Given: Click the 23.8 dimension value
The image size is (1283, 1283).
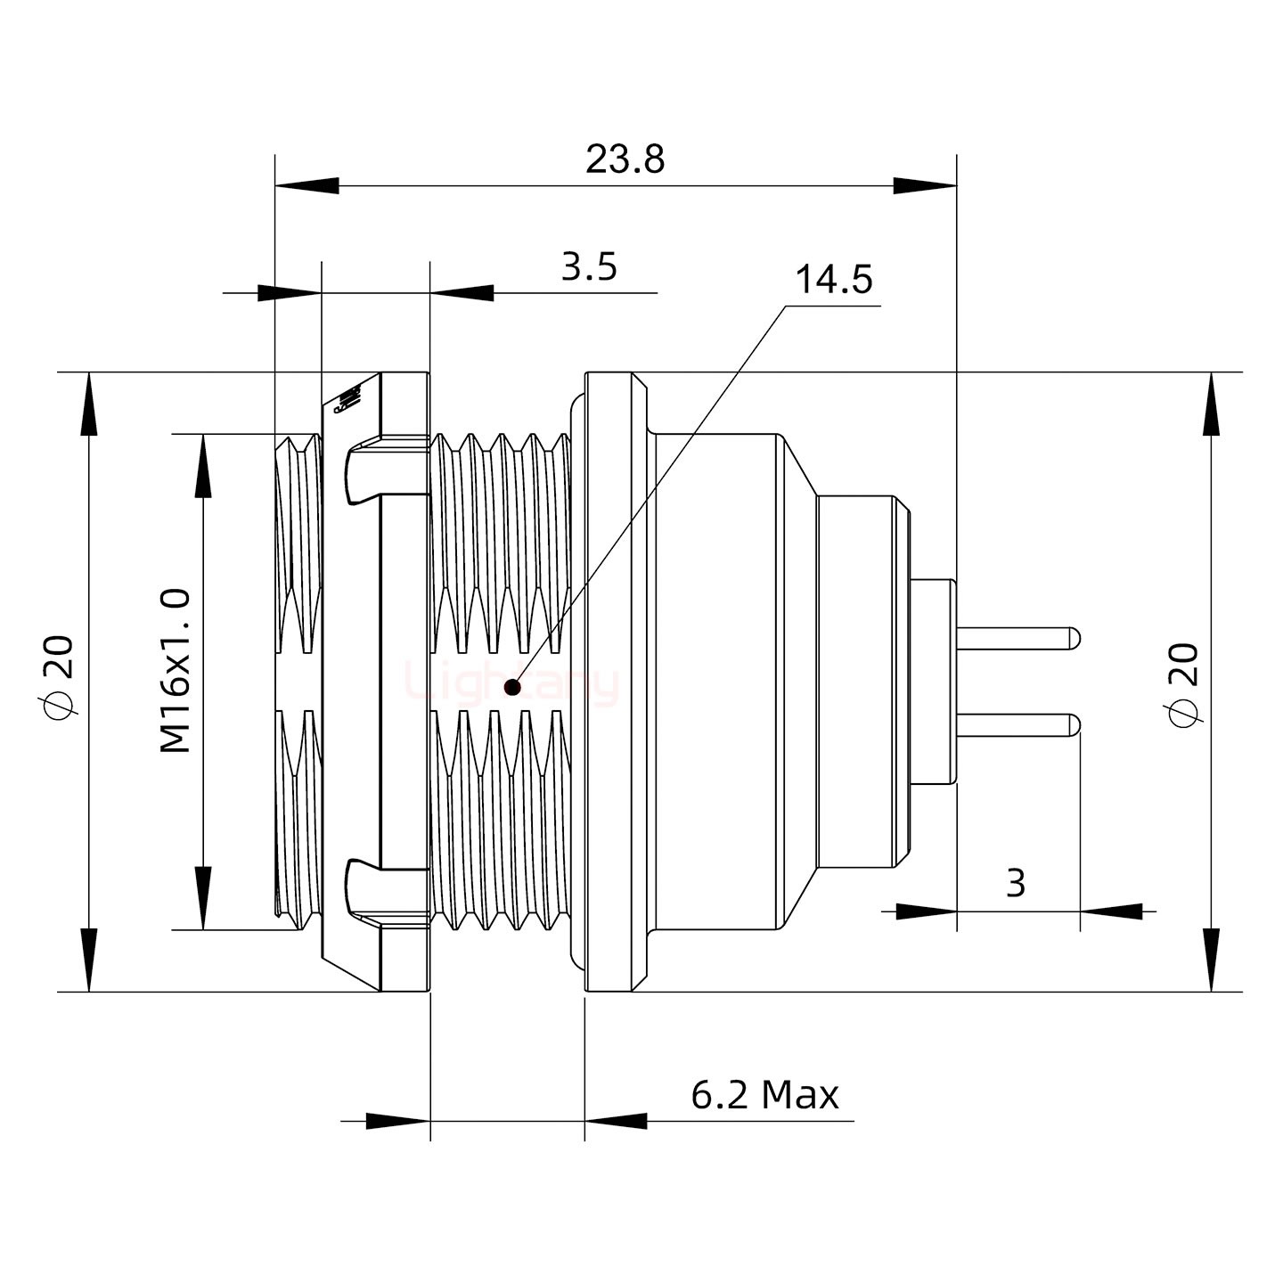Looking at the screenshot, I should (x=625, y=160).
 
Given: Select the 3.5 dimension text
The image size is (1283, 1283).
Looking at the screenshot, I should (x=589, y=266).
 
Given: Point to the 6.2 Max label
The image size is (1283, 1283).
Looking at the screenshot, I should (x=764, y=1094).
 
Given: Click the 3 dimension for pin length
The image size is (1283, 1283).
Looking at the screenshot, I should (x=1015, y=883).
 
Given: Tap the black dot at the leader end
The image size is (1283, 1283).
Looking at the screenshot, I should (x=512, y=687).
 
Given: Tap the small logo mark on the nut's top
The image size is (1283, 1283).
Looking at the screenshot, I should (x=346, y=401).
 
